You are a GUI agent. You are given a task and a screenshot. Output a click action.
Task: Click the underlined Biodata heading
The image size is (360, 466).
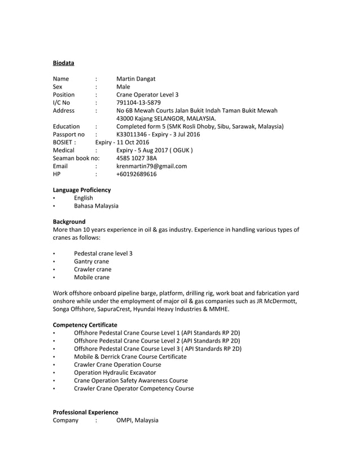pyautogui.click(x=63, y=63)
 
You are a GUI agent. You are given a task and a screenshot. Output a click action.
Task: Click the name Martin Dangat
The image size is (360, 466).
pyautogui.click(x=135, y=79)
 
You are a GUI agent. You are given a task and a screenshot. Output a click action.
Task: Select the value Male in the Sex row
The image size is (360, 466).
pyautogui.click(x=123, y=87)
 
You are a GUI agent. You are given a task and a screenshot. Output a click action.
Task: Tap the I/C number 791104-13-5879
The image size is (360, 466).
pyautogui.click(x=138, y=103)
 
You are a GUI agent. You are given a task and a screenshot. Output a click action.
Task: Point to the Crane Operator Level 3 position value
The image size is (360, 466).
pyautogui.click(x=147, y=95)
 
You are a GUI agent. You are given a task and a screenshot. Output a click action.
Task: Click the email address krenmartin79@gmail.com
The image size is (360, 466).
pyautogui.click(x=151, y=166)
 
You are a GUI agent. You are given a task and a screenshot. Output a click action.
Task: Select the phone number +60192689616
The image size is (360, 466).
pyautogui.click(x=137, y=174)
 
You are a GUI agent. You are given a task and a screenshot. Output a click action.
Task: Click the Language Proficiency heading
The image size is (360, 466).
pyautogui.click(x=81, y=190)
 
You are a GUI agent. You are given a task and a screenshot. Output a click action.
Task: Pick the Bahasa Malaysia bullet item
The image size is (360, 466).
pyautogui.click(x=96, y=206)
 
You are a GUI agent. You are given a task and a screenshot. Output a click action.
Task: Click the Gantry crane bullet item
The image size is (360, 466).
pyautogui.click(x=91, y=261)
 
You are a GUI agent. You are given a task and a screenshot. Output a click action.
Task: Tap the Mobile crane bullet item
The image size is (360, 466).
pyautogui.click(x=91, y=277)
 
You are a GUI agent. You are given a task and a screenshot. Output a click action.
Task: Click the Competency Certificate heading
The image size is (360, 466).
pyautogui.click(x=85, y=325)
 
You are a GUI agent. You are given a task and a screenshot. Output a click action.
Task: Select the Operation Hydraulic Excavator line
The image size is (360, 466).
pyautogui.click(x=115, y=372)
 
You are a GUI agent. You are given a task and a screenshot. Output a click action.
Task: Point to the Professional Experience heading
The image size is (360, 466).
pyautogui.click(x=85, y=412)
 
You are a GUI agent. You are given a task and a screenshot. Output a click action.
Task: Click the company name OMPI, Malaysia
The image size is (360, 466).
pyautogui.click(x=137, y=420)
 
